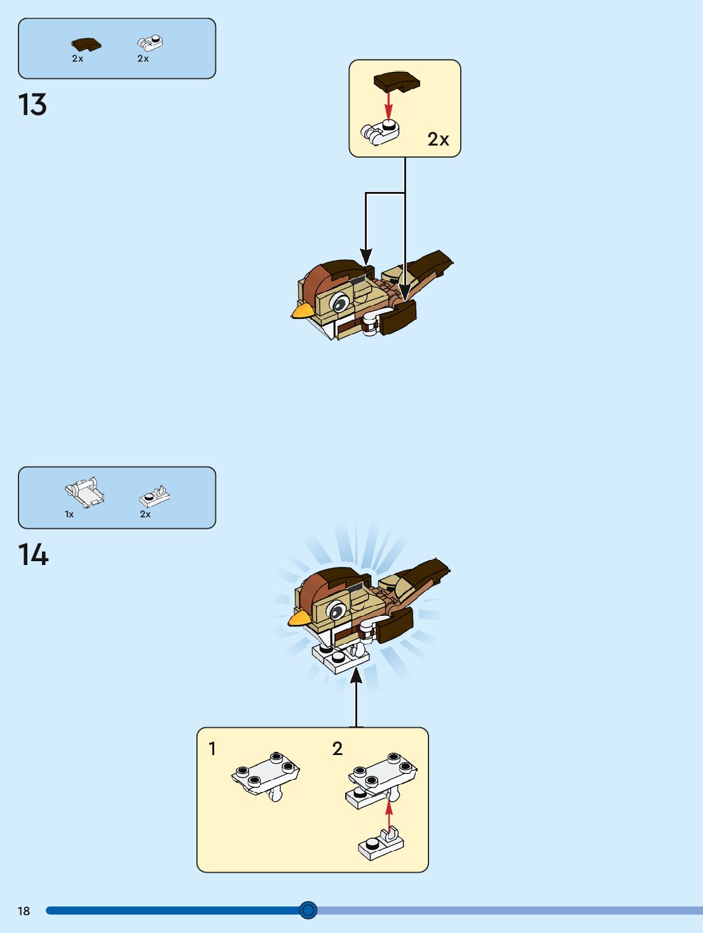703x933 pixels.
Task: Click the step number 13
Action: click(32, 106)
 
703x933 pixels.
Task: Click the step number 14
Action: click(33, 555)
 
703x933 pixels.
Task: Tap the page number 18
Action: click(24, 911)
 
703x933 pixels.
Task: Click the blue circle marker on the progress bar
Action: click(308, 910)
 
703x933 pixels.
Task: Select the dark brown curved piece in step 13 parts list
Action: click(86, 44)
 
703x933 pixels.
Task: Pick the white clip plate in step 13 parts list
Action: click(150, 43)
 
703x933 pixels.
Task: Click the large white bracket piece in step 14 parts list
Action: click(84, 493)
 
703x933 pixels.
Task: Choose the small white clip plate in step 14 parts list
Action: click(154, 495)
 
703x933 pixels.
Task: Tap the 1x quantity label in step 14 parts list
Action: click(69, 514)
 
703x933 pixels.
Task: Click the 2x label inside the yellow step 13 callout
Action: click(438, 139)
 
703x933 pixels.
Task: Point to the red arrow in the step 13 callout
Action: click(388, 105)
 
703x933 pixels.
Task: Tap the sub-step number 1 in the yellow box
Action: click(212, 749)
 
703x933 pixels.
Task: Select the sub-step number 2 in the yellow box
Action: click(338, 749)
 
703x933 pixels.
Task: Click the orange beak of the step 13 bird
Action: click(302, 310)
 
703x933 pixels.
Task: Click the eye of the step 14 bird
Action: click(337, 612)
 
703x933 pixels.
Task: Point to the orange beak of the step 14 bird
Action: click(299, 618)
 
